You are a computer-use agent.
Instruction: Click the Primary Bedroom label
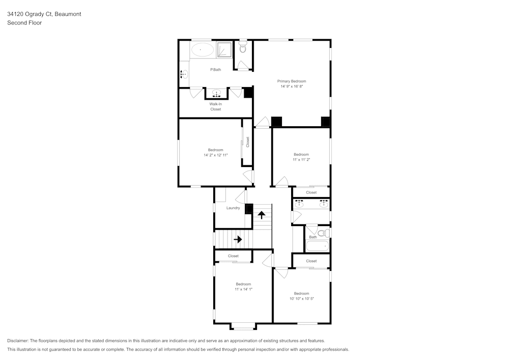point(291,81)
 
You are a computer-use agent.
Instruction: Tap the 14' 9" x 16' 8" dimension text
point(291,87)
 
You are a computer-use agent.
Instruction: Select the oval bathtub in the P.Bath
point(202,49)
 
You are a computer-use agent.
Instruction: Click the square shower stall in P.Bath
point(224,49)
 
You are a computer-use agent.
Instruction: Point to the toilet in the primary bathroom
point(243,49)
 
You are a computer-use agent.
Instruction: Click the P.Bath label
point(215,69)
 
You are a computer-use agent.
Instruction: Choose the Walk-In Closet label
point(215,106)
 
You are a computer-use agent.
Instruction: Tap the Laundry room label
point(233,208)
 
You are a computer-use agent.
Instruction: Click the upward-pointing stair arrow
point(262,214)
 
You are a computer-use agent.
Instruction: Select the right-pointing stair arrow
point(237,239)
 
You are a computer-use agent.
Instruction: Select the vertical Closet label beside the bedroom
point(247,142)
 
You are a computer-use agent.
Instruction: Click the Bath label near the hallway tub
point(313,237)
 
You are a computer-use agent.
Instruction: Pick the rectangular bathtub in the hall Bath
point(318,246)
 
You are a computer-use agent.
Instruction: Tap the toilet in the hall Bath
point(326,233)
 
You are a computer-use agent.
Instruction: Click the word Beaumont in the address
point(68,14)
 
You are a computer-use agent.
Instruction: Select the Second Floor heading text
point(24,23)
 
